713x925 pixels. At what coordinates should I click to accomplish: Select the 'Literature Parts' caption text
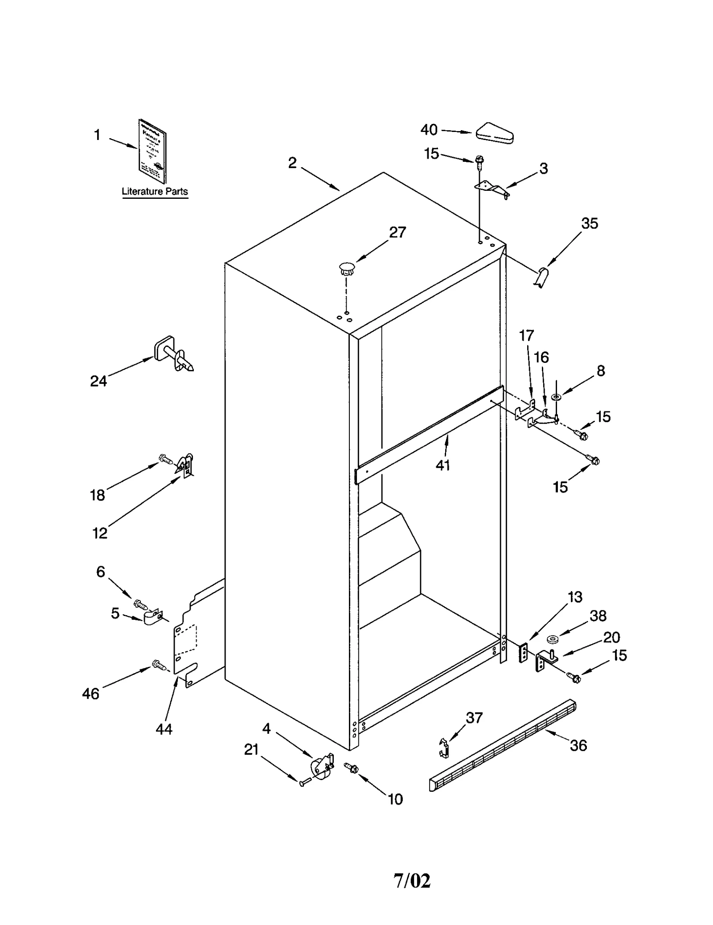click(x=155, y=191)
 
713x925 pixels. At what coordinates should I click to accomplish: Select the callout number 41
click(x=443, y=465)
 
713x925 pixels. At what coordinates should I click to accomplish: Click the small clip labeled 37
click(x=443, y=747)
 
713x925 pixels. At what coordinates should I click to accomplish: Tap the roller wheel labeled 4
click(x=321, y=766)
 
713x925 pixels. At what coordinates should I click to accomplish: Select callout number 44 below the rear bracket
click(x=164, y=729)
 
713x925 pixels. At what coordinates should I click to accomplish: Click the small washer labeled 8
click(x=556, y=396)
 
